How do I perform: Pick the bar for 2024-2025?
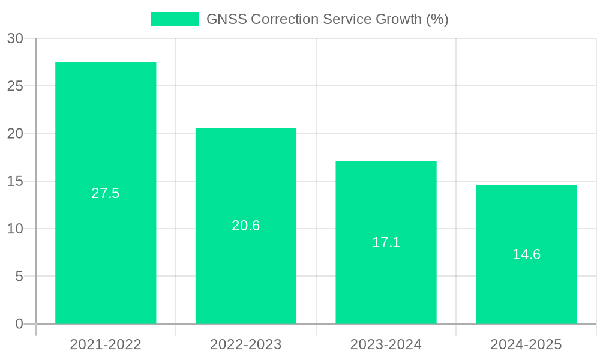click(x=526, y=288)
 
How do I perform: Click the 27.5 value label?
click(x=106, y=193)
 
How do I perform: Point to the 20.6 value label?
click(x=246, y=226)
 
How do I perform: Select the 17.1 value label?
click(x=386, y=242)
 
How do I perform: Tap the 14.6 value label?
click(x=526, y=254)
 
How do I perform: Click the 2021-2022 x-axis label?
click(x=106, y=344)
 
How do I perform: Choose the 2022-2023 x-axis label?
click(x=246, y=344)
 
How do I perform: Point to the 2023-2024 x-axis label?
click(x=386, y=344)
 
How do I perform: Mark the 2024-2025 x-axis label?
click(x=526, y=344)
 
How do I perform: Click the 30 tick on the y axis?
click(x=15, y=38)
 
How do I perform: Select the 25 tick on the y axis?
click(x=15, y=86)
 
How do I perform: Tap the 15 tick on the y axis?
click(x=15, y=181)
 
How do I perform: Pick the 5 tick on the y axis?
click(x=19, y=277)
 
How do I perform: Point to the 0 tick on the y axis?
click(x=19, y=324)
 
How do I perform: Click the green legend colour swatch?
click(x=175, y=19)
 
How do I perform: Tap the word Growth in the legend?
click(x=398, y=19)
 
